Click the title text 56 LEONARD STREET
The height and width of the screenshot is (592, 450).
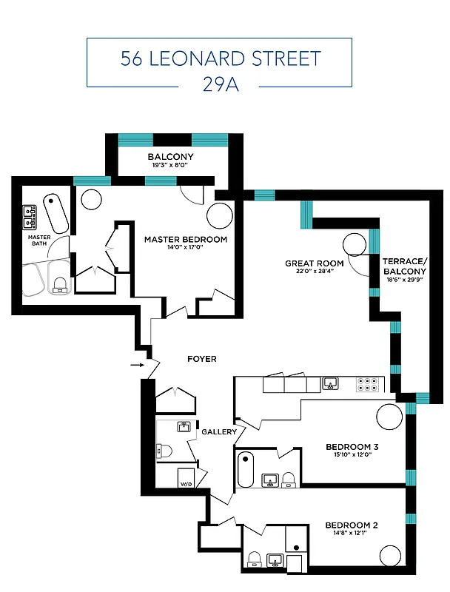point(221,58)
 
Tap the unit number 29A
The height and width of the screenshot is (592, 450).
point(221,84)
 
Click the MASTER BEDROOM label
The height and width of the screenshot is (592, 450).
point(186,240)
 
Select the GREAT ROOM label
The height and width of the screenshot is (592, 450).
point(315,263)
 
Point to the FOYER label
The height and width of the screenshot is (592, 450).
point(201,359)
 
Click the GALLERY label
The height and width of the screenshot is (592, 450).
point(219,432)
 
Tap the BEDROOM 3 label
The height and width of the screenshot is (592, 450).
point(352,447)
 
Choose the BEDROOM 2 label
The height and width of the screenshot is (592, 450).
point(352,525)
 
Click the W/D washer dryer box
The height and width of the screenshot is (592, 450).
point(185,478)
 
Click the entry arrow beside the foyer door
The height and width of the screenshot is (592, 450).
point(137,364)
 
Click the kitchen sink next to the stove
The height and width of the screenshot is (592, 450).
point(331,383)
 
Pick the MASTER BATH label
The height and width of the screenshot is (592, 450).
point(39,242)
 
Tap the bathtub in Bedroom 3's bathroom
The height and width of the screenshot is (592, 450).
point(246,469)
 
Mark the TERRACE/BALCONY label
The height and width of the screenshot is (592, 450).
point(404,266)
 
